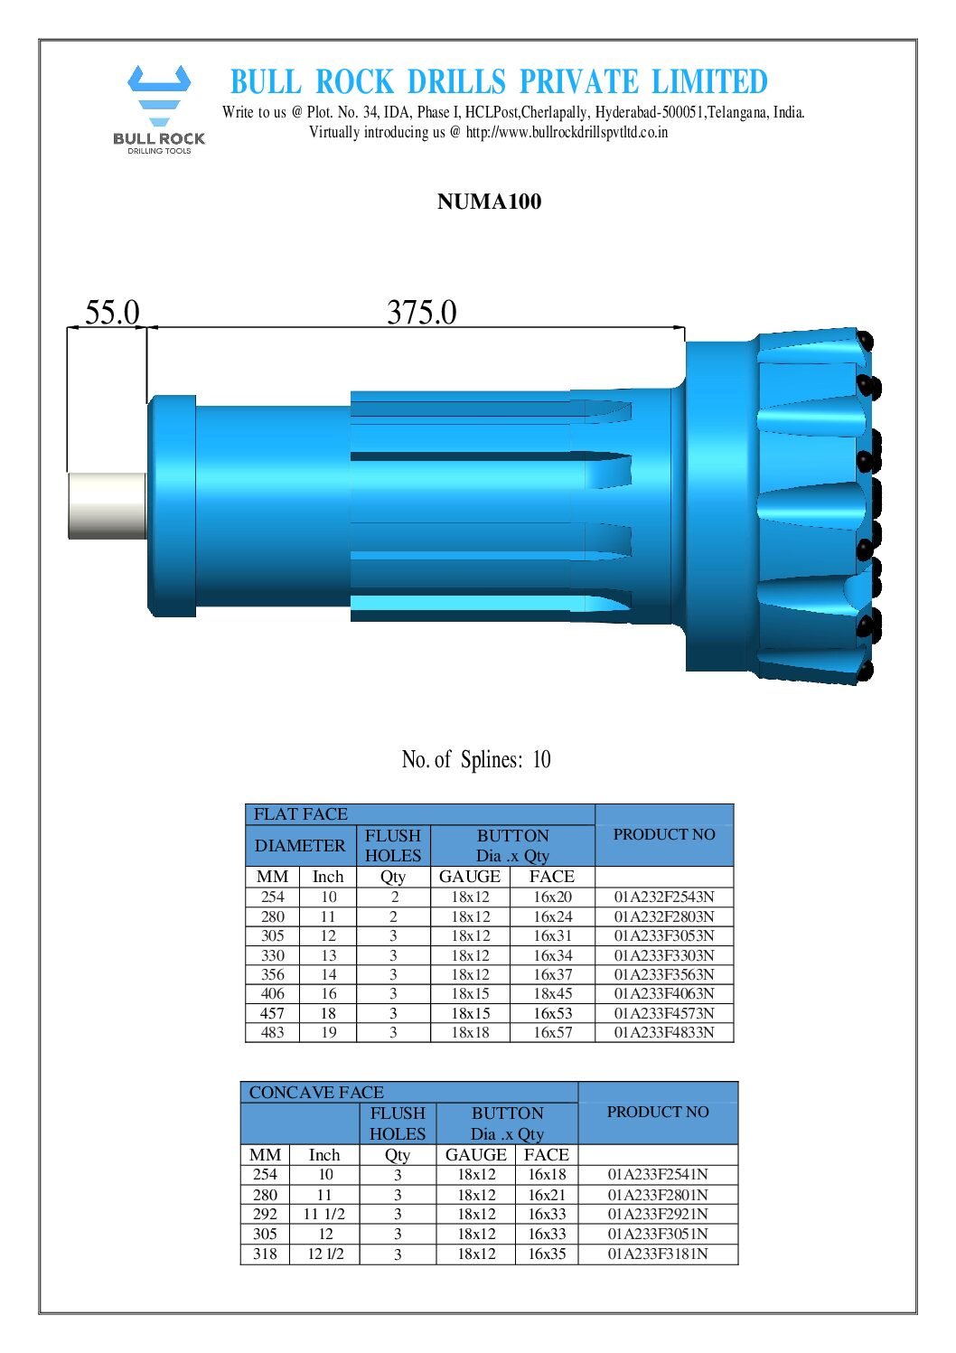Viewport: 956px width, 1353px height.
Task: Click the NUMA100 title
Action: tap(489, 202)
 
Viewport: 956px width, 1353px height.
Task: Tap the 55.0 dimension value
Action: tap(112, 313)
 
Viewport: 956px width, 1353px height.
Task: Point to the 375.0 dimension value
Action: tap(421, 313)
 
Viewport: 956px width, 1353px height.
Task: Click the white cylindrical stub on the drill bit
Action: tap(107, 505)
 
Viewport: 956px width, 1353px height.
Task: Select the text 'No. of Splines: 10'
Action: tap(476, 759)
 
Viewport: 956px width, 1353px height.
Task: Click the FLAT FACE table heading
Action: tap(301, 814)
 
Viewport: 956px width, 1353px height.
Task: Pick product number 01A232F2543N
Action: tap(664, 897)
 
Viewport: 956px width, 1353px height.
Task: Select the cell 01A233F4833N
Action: tap(664, 1032)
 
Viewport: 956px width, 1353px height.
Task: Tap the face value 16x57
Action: tap(552, 1032)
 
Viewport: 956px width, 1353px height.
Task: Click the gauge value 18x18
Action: tap(470, 1032)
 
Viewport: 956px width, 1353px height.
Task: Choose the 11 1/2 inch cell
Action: tap(324, 1214)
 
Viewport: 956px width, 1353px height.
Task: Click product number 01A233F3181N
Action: tap(658, 1254)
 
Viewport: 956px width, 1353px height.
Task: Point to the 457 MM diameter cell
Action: tap(272, 1013)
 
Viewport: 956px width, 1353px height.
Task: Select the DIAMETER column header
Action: tap(300, 846)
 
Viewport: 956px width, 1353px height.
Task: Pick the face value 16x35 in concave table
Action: tap(547, 1254)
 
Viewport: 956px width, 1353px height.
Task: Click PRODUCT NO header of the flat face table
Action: tap(664, 834)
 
